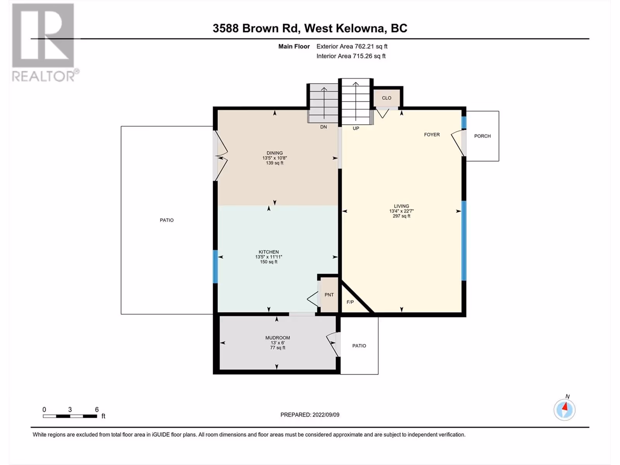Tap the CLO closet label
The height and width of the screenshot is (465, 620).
click(x=386, y=98)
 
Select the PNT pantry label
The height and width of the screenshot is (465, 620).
click(x=329, y=295)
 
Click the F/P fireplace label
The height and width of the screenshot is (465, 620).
click(x=350, y=302)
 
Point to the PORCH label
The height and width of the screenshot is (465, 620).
click(x=482, y=136)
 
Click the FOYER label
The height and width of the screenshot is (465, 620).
click(x=432, y=135)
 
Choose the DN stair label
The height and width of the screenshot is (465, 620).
click(x=324, y=127)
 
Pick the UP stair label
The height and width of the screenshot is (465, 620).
click(x=356, y=129)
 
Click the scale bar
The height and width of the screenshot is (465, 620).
click(x=70, y=416)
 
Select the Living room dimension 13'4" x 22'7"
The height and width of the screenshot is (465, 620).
click(x=401, y=211)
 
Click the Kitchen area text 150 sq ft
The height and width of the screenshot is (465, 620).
click(x=269, y=262)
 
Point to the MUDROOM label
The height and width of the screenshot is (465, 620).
click(x=277, y=338)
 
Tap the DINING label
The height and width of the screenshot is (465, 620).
click(x=274, y=153)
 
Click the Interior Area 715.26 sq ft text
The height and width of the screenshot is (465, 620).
click(x=351, y=56)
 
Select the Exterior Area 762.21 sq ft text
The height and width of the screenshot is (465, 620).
click(x=352, y=46)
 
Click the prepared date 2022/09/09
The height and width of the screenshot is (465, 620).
click(x=325, y=415)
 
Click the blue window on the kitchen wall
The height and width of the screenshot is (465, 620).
click(x=215, y=267)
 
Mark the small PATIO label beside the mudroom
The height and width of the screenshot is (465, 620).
click(x=359, y=346)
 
